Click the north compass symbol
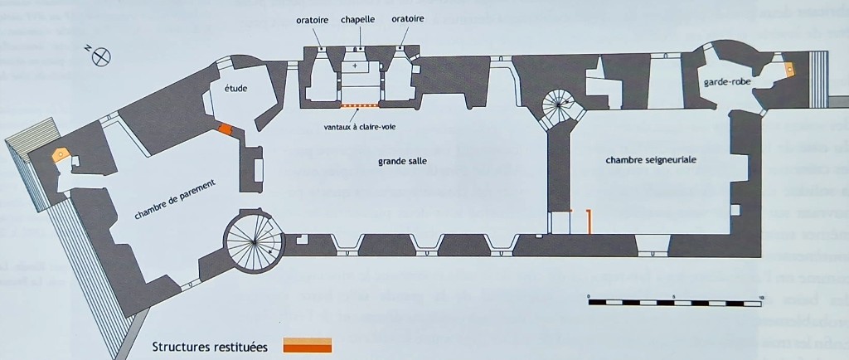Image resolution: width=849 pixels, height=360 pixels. point(101,56)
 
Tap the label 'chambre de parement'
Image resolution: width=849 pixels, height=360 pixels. point(176,201)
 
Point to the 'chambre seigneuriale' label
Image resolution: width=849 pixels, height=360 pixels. point(651,159)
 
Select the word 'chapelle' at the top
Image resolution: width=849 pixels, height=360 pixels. point(358,18)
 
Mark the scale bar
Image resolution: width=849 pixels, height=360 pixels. point(674,302)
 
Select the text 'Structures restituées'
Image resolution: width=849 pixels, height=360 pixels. point(210,347)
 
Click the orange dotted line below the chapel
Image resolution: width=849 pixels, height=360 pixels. point(360,105)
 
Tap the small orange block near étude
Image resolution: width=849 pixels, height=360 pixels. point(225,129)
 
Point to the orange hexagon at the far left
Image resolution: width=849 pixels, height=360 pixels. point(60,153)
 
